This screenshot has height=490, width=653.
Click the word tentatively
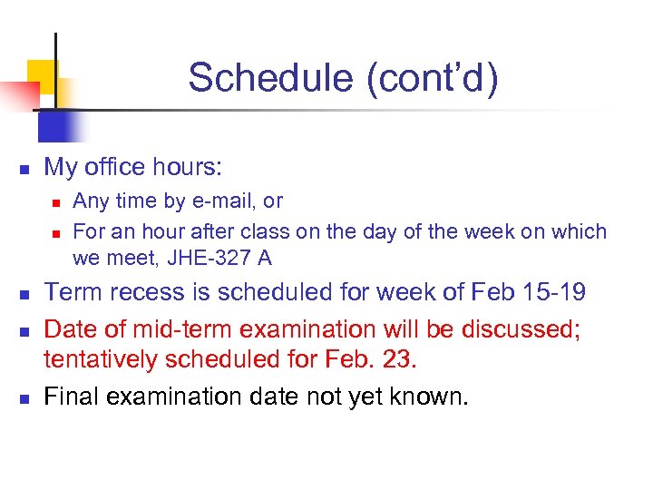click(x=111, y=359)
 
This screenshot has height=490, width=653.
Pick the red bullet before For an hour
click(x=56, y=233)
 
